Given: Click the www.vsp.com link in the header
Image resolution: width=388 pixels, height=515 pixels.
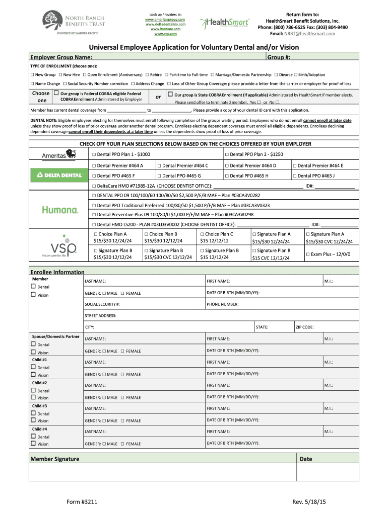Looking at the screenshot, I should pyautogui.click(x=165, y=34).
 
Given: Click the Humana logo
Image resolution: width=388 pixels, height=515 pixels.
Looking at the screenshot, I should pyautogui.click(x=60, y=210).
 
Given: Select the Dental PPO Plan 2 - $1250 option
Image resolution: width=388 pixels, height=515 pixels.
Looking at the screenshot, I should pyautogui.click(x=227, y=154).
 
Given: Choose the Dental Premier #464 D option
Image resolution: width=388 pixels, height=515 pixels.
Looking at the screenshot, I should pyautogui.click(x=227, y=165).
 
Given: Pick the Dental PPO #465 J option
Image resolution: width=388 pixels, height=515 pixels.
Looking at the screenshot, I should pyautogui.click(x=295, y=176).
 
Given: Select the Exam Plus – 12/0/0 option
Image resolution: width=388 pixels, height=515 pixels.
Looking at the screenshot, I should pyautogui.click(x=308, y=254).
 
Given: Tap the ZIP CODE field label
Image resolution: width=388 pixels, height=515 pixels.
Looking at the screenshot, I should pyautogui.click(x=305, y=327).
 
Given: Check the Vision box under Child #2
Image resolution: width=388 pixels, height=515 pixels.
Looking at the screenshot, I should pyautogui.click(x=34, y=398).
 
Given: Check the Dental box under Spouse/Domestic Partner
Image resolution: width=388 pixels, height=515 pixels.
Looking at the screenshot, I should pyautogui.click(x=34, y=345).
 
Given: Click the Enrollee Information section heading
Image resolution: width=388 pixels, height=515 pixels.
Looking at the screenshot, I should pyautogui.click(x=57, y=272).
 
